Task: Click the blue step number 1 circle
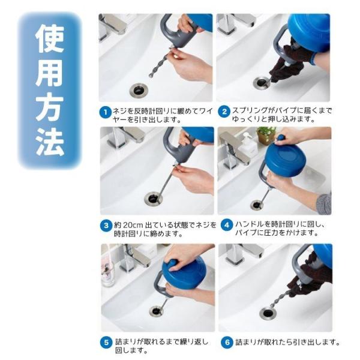click(106, 112)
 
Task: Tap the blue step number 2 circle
click(224, 112)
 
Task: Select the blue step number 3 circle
click(106, 225)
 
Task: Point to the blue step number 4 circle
click(227, 225)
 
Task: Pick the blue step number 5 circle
click(106, 343)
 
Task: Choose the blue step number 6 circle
click(227, 343)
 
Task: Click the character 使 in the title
click(50, 38)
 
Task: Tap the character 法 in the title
click(50, 142)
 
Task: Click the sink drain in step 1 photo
click(139, 90)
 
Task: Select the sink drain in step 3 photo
click(153, 199)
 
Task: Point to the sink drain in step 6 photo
click(268, 313)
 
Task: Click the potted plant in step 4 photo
click(266, 136)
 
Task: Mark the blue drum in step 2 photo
click(308, 32)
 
